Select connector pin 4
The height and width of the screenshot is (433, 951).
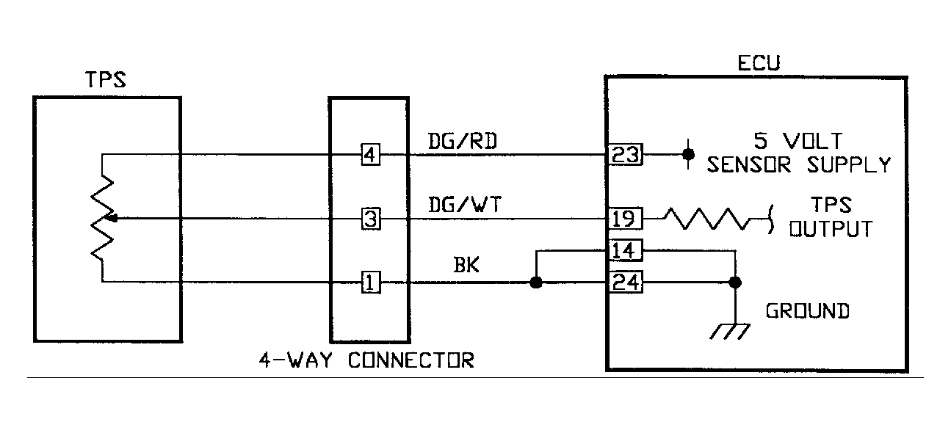pyautogui.click(x=371, y=155)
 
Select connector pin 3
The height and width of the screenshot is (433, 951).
pyautogui.click(x=371, y=219)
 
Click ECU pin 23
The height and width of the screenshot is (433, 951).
pyautogui.click(x=625, y=155)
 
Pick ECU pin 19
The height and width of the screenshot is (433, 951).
pyautogui.click(x=625, y=219)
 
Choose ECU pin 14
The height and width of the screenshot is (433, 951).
pyautogui.click(x=625, y=252)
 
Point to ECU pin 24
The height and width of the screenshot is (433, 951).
pyautogui.click(x=625, y=283)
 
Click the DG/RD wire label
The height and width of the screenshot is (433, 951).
pyautogui.click(x=462, y=141)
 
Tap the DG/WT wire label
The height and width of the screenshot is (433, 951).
pyautogui.click(x=464, y=205)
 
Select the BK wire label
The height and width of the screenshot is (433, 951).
pyautogui.click(x=466, y=265)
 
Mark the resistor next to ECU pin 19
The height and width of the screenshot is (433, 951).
pyautogui.click(x=707, y=219)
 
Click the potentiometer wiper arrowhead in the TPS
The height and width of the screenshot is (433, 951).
pyautogui.click(x=112, y=218)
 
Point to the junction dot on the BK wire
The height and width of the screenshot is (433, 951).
pyautogui.click(x=536, y=283)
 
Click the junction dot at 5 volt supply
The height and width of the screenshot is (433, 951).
pyautogui.click(x=688, y=154)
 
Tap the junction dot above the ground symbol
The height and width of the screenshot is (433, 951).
pyautogui.click(x=733, y=283)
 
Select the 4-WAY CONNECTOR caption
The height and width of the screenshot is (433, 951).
pyautogui.click(x=366, y=360)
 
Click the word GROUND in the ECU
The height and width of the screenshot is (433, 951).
pyautogui.click(x=807, y=310)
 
